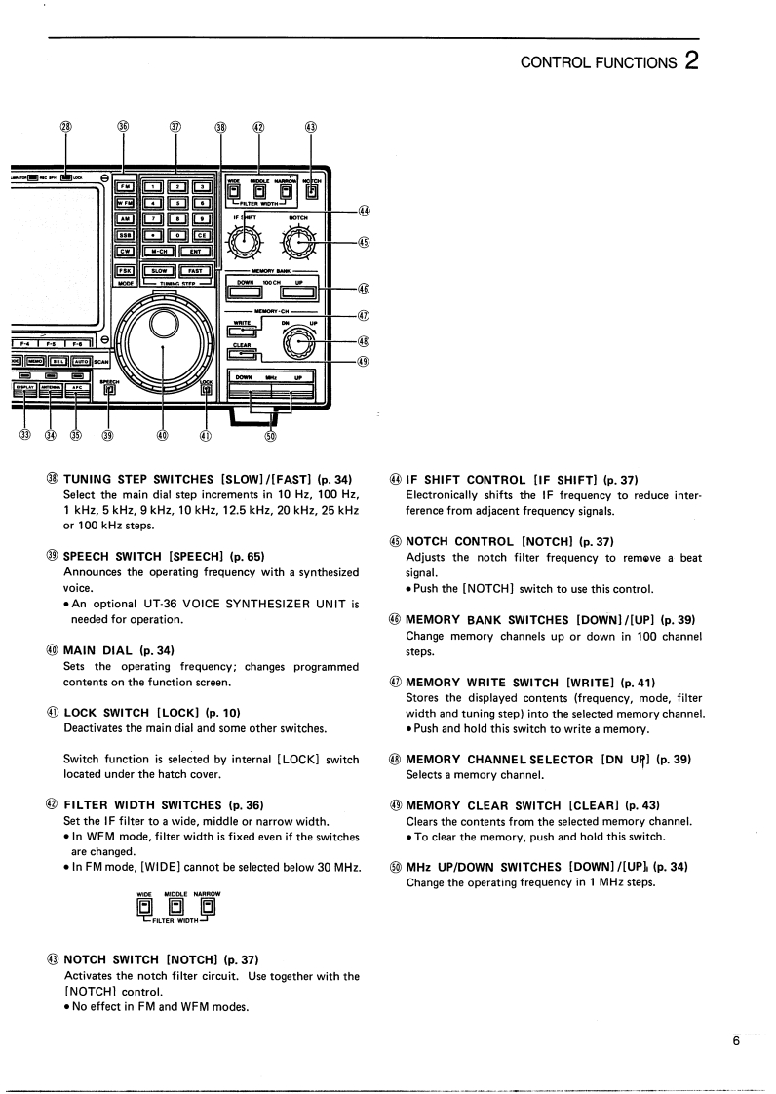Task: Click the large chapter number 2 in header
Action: point(691,60)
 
